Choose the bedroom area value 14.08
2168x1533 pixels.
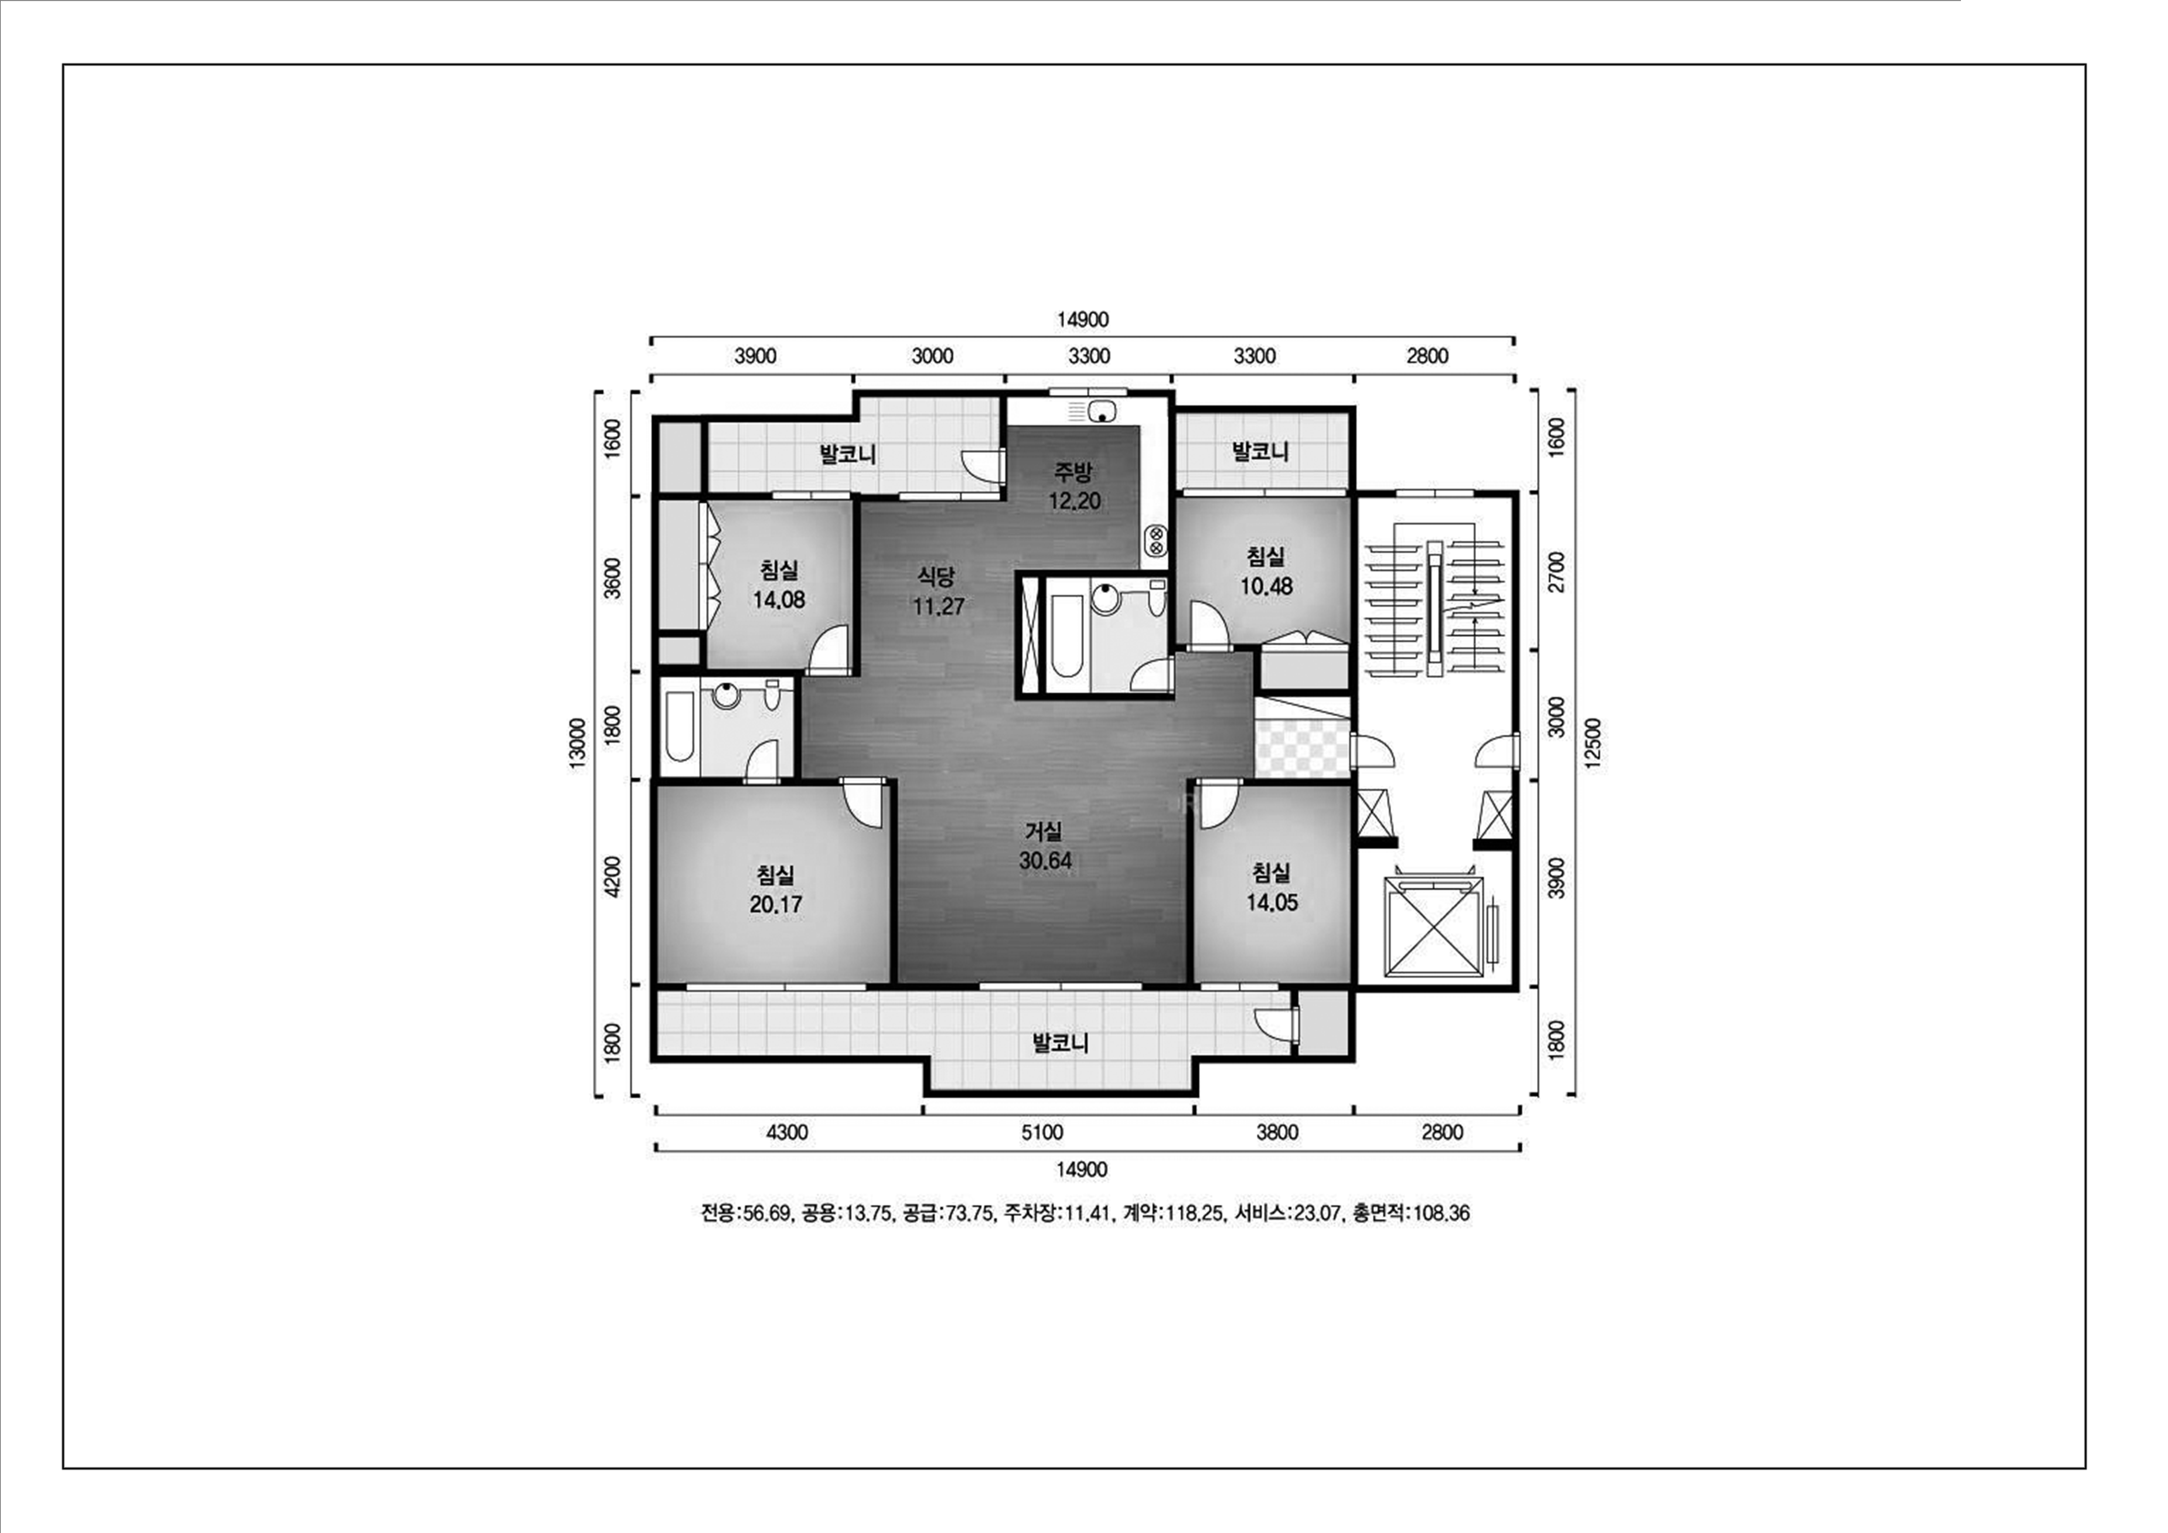779,600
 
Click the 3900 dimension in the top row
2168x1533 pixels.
755,356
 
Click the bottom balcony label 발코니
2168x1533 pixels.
1060,1043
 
